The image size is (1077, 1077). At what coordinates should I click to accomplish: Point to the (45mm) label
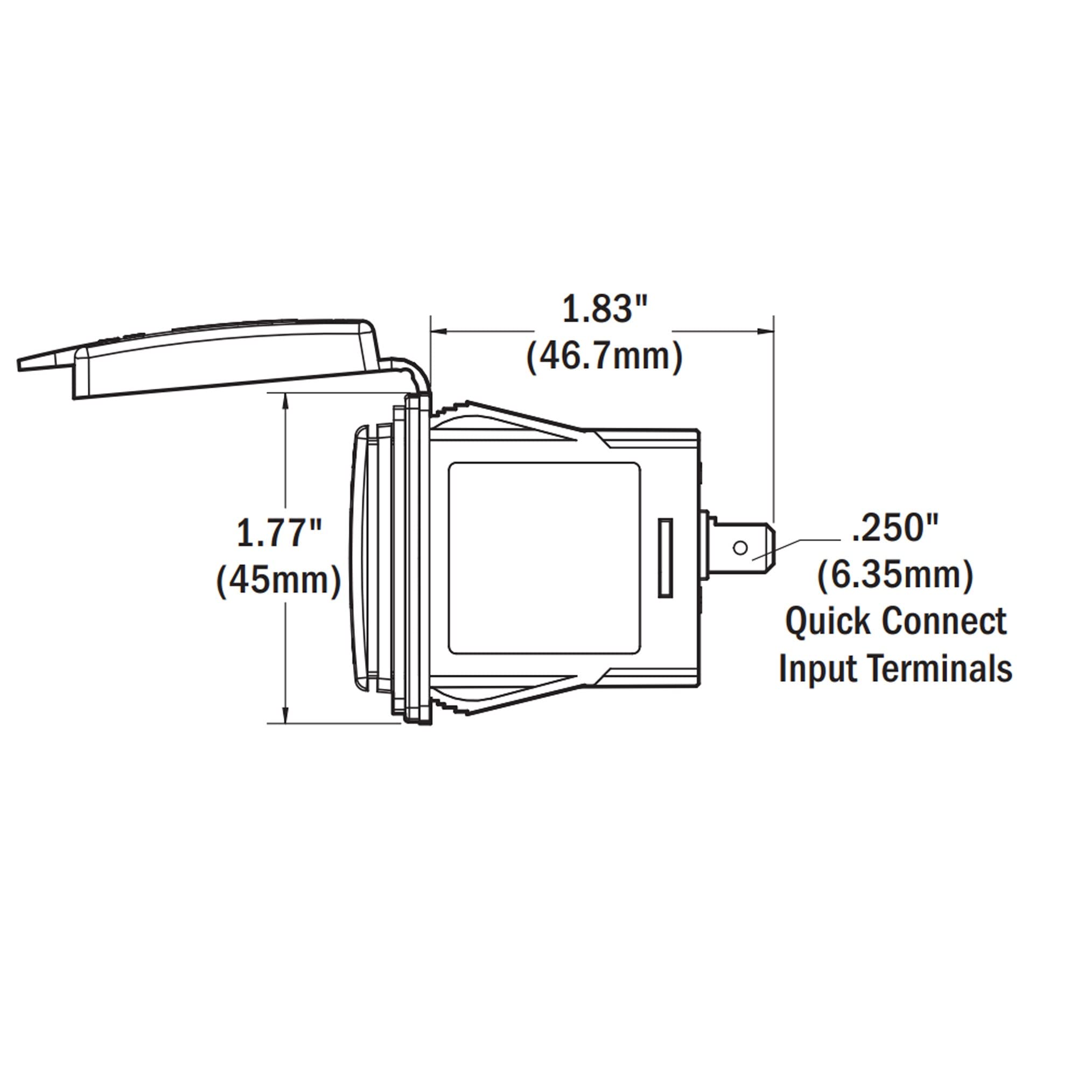click(278, 581)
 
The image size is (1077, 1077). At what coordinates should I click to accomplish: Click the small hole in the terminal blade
click(740, 548)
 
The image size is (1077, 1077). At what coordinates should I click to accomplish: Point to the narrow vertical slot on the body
click(666, 558)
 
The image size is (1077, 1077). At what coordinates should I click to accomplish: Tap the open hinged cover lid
click(223, 357)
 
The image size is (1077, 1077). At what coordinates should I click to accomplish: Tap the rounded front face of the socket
click(360, 557)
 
